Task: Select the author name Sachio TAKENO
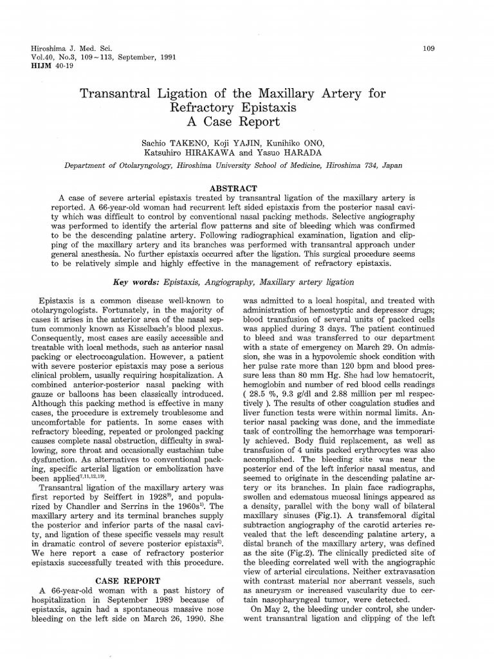[x=168, y=142]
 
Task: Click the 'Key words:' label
[x=137, y=283]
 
